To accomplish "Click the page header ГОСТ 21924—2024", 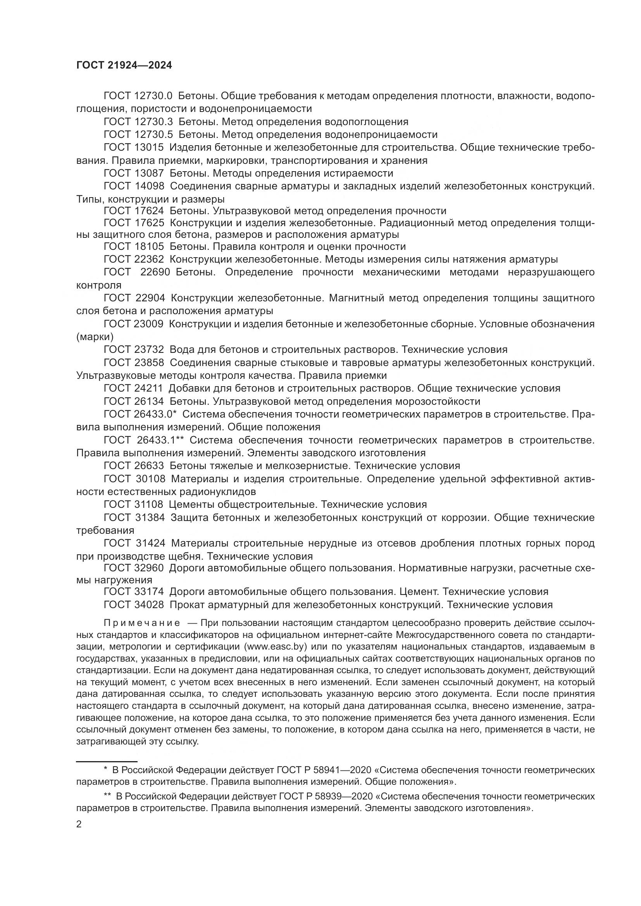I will click(124, 66).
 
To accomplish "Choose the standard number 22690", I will click(155, 272).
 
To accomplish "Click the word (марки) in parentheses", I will click(95, 337).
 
